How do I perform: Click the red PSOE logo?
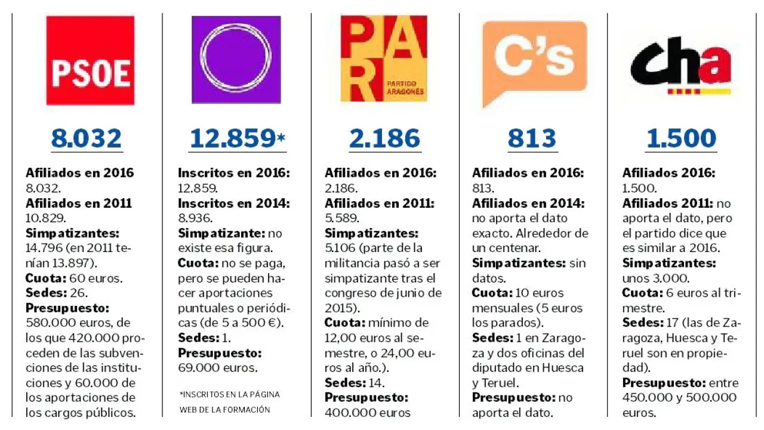90,60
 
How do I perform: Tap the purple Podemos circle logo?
236,59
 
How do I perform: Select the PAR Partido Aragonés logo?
384,59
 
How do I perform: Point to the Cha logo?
681,66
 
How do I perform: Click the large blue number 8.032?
87,139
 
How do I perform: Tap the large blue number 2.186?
384,139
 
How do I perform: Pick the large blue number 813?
532,139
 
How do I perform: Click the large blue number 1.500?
681,139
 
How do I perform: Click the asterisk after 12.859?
281,139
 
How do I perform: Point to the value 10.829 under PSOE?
45,218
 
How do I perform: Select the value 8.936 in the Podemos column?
195,218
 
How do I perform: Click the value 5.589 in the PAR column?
342,218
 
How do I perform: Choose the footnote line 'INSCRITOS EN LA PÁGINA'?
230,395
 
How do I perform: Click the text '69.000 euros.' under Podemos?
218,368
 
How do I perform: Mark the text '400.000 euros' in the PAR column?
368,412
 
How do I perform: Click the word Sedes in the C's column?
489,338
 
